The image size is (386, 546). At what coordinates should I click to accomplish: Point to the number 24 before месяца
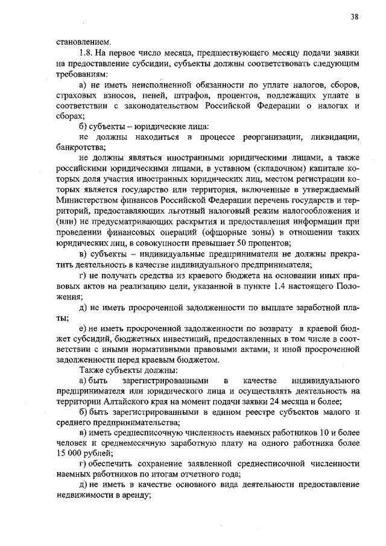click(283, 402)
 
